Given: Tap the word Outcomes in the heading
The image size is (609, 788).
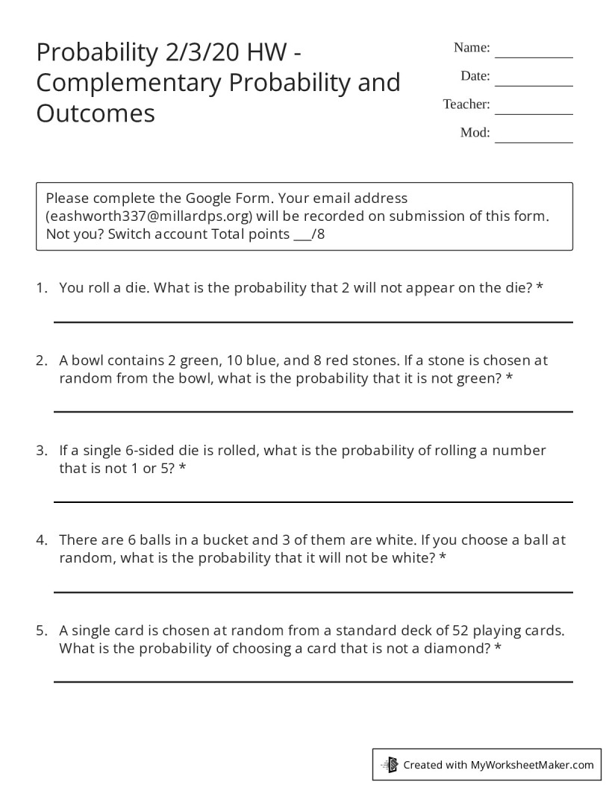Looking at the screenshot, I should [x=96, y=113].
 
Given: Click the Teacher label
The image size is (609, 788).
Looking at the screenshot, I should [x=466, y=104].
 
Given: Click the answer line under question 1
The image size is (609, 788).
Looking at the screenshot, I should [x=313, y=322].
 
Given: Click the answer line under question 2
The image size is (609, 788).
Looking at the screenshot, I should [x=313, y=411].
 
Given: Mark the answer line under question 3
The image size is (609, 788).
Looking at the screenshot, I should [x=313, y=502].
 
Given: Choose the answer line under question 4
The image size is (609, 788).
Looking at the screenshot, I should [x=313, y=592].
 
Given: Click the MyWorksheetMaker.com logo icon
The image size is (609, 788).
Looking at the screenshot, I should [x=390, y=764].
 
